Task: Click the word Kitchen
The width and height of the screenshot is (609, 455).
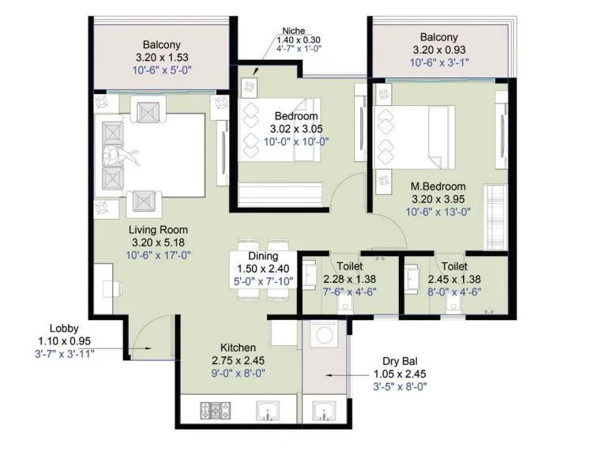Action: click(239, 348)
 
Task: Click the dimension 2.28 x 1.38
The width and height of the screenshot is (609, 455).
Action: click(349, 279)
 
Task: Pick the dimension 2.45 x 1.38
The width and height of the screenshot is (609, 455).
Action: click(454, 279)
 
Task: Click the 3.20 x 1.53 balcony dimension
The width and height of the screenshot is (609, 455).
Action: click(164, 57)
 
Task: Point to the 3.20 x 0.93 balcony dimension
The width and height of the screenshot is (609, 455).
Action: click(438, 50)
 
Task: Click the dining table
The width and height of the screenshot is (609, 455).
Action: click(262, 270)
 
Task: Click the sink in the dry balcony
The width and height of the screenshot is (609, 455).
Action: click(323, 411)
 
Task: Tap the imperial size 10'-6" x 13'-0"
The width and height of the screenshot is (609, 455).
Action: click(439, 212)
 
